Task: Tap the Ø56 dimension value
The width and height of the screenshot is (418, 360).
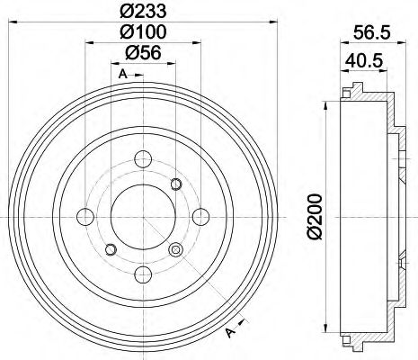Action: click(x=142, y=55)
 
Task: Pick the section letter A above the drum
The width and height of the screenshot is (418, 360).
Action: click(x=120, y=75)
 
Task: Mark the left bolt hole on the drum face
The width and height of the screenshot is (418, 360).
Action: click(x=86, y=217)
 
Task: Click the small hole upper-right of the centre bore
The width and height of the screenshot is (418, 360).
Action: click(x=175, y=184)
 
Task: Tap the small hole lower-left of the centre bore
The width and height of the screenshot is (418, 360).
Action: click(x=111, y=249)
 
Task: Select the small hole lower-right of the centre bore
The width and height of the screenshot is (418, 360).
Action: click(x=175, y=249)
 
